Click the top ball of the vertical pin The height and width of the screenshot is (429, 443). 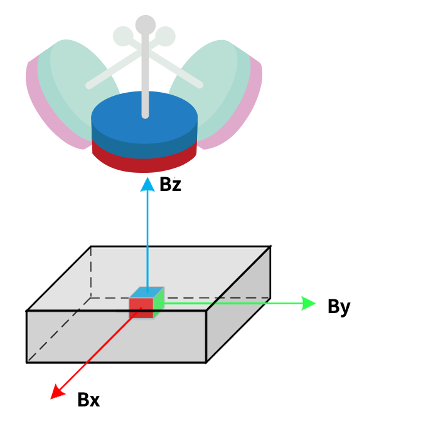tap(145, 24)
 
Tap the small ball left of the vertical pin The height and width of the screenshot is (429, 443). tap(122, 36)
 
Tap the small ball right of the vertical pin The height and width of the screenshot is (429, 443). tap(166, 36)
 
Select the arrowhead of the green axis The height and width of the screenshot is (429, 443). tap(309, 304)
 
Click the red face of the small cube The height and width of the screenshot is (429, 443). tap(141, 308)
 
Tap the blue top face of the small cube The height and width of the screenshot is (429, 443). tap(147, 292)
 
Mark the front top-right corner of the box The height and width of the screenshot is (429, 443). tap(206, 311)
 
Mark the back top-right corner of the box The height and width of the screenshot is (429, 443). tap(270, 246)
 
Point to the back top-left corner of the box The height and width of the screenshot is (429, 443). tap(90, 246)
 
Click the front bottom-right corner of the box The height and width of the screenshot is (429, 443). tap(206, 362)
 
